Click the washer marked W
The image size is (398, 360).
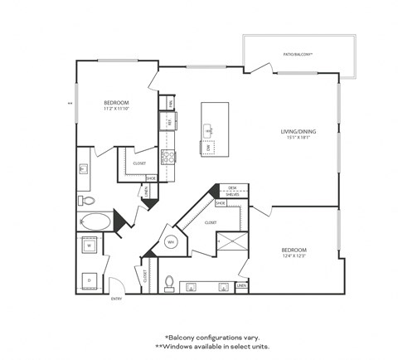(90, 246)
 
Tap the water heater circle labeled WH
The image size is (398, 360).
(172, 242)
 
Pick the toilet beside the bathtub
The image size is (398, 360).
(85, 200)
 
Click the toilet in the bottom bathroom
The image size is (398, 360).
(169, 282)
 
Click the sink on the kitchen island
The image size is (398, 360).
(207, 130)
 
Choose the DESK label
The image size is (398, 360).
(233, 188)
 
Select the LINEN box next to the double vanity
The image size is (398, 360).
(241, 286)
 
